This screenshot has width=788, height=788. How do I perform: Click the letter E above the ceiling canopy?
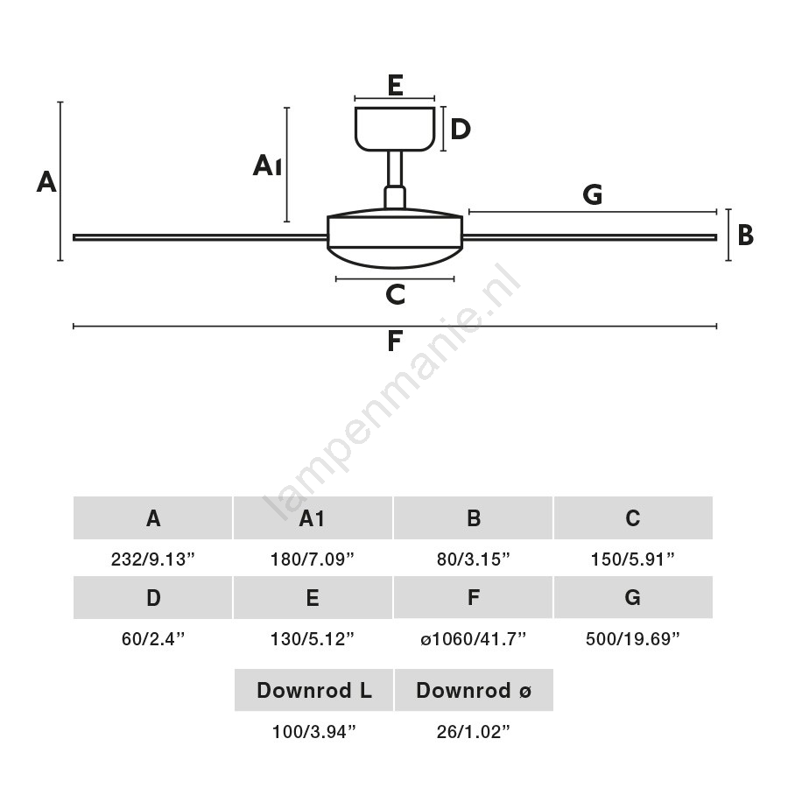(x=395, y=85)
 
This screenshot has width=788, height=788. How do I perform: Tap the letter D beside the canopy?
(x=461, y=130)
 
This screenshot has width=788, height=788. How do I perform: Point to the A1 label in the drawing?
(x=267, y=165)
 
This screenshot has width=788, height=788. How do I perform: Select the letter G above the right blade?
(x=593, y=194)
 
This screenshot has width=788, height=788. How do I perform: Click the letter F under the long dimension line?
(x=395, y=341)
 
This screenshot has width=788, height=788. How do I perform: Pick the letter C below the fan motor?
(x=396, y=294)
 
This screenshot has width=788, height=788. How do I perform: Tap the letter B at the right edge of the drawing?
(x=746, y=236)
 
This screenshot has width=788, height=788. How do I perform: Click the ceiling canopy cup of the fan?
(x=395, y=129)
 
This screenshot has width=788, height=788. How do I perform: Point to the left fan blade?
(x=200, y=237)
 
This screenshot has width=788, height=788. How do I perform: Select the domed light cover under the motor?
(x=395, y=257)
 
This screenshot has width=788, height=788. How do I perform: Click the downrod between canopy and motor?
(x=395, y=169)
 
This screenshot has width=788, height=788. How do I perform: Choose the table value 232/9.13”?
(x=152, y=559)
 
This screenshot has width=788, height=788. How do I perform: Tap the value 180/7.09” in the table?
(x=313, y=559)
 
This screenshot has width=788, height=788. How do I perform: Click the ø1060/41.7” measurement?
(x=473, y=639)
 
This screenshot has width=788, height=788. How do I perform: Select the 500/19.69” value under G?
(x=633, y=639)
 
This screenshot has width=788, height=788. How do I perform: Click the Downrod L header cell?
(x=313, y=690)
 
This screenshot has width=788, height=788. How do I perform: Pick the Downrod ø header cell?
(x=474, y=690)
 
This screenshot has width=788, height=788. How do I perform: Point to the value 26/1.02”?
(x=473, y=732)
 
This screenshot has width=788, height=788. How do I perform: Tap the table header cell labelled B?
(x=473, y=518)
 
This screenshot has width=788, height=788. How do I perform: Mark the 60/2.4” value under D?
(x=152, y=639)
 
